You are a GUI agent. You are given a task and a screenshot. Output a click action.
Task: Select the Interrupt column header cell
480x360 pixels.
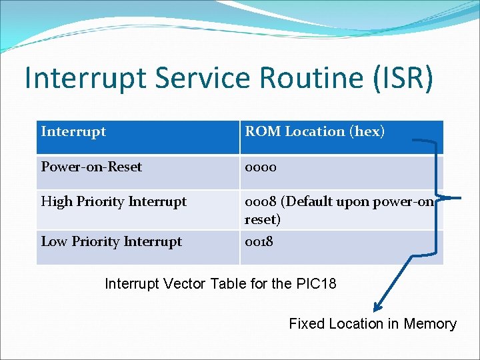(73, 132)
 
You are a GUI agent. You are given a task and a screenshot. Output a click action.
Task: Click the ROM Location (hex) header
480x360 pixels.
(315, 132)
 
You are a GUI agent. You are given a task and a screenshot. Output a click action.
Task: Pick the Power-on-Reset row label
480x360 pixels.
(91, 167)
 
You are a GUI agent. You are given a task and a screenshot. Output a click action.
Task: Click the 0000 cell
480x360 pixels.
(261, 167)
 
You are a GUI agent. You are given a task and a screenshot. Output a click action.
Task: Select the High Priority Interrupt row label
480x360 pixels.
(114, 201)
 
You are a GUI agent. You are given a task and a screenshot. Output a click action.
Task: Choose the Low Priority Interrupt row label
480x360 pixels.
(111, 241)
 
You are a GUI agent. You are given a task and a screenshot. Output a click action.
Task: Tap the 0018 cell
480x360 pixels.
(259, 241)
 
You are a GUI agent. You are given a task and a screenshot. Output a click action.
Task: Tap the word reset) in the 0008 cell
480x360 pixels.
(263, 219)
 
